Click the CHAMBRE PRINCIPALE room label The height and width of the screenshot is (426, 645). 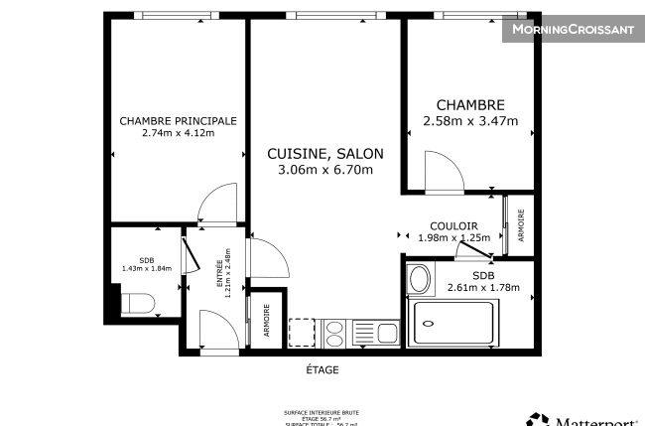pos(178,121)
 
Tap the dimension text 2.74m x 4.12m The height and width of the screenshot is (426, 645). pos(178,134)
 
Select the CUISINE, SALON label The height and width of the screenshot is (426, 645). pos(324,154)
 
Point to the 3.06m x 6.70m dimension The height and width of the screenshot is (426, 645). pos(324,170)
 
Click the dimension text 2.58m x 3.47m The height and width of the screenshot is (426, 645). pos(470,122)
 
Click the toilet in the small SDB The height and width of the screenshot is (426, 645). pos(136,304)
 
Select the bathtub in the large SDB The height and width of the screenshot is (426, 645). pos(452,323)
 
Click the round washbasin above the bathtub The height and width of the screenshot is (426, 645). pos(420,279)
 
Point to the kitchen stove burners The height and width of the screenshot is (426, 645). pos(333,331)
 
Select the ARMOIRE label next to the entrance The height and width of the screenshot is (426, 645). pos(266,320)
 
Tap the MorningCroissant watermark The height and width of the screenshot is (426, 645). pos(572,30)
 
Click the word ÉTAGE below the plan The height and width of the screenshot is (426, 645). pos(322,370)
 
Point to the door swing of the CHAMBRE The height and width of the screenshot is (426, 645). pos(444,169)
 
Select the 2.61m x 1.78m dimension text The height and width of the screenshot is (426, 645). pos(483,288)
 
